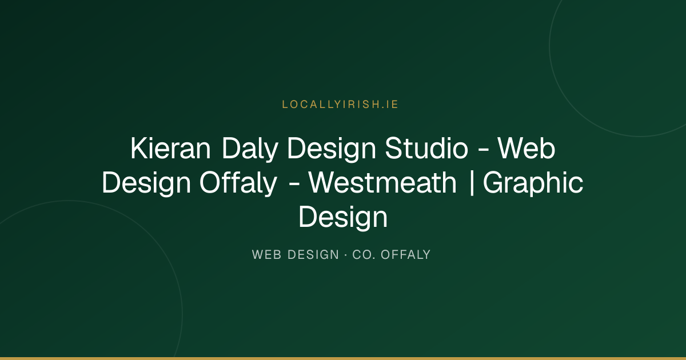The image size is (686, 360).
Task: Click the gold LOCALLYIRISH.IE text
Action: (x=340, y=105)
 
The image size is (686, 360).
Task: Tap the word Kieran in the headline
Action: (x=170, y=149)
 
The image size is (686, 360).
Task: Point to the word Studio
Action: (x=426, y=149)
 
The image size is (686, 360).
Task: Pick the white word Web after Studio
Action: (x=526, y=149)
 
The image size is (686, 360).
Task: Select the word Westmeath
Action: (x=382, y=183)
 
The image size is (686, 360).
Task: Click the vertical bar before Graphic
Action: (x=472, y=183)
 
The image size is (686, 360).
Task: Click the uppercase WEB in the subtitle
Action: (x=266, y=255)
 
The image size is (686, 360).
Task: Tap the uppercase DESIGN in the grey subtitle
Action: (x=313, y=255)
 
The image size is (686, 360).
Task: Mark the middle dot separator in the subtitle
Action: (x=345, y=255)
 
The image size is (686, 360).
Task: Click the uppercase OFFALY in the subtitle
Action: (x=405, y=255)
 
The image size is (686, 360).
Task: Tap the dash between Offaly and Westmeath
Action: (x=294, y=185)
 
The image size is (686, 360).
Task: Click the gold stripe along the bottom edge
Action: (x=343, y=358)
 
